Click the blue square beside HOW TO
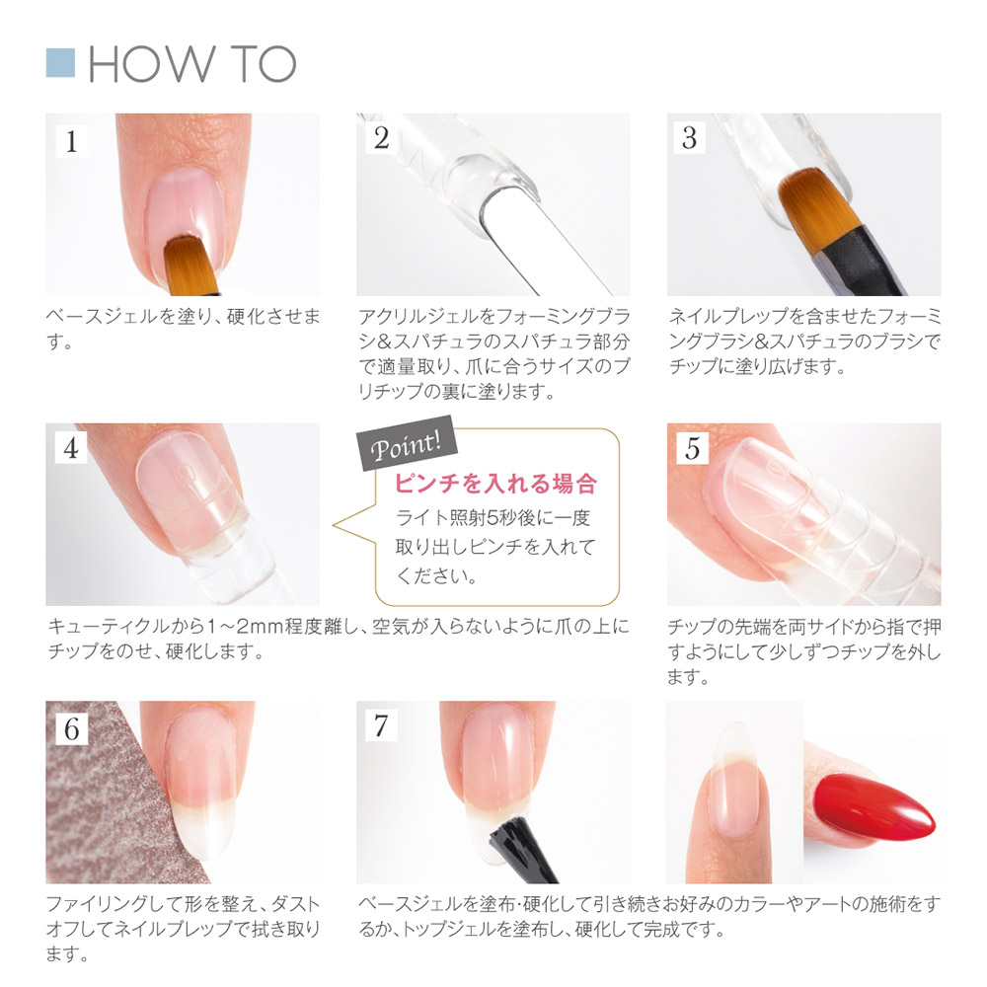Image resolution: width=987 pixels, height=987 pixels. coord(60,63)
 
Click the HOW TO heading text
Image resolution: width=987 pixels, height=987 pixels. coord(192,63)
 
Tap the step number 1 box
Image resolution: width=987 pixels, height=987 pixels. coord(71,140)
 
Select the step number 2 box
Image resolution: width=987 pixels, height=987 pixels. coord(381,138)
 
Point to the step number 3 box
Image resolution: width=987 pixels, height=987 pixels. coord(690,138)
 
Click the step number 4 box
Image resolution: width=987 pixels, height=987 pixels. coord(71,448)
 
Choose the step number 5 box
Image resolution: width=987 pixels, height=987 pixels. coord(693,448)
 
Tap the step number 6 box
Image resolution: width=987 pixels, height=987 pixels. coord(71,729)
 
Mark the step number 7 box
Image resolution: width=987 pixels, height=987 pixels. coord(381,725)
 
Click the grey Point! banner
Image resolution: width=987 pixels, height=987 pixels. coord(407,443)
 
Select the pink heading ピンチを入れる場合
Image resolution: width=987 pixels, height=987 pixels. coord(495,484)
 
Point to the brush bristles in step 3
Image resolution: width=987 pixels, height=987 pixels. coord(818,202)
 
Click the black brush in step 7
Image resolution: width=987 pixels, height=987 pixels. coord(520,848)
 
